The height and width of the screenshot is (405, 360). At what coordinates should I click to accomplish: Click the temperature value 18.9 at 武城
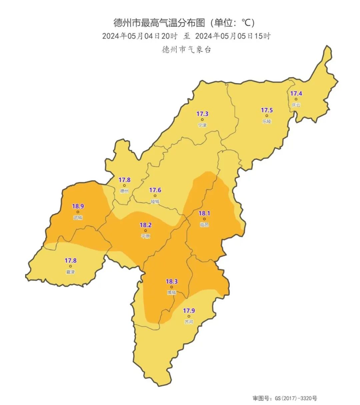tap(78, 206)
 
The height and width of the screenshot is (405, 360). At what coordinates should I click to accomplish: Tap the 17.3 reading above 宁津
tap(202, 114)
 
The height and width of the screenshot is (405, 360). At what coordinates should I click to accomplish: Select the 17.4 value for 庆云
tap(296, 93)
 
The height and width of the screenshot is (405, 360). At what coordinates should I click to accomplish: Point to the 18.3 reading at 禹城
tap(172, 282)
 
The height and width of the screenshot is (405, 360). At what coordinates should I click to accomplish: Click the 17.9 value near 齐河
tap(189, 311)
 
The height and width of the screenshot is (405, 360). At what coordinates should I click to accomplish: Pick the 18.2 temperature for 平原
tap(145, 225)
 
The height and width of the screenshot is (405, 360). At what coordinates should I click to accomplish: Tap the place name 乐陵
tap(267, 121)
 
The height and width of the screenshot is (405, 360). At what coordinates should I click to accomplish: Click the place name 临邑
tap(204, 225)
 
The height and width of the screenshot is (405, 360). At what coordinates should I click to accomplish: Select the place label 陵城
tap(155, 201)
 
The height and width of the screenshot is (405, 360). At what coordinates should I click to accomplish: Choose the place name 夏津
tap(70, 272)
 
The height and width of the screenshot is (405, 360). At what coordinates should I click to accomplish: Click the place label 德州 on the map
tap(124, 191)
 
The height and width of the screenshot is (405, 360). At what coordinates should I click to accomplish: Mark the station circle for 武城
tap(78, 212)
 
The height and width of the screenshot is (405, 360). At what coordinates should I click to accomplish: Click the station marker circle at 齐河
tap(189, 316)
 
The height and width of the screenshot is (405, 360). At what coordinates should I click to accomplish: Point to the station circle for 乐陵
tap(267, 116)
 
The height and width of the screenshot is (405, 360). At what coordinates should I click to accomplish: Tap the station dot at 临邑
tap(204, 219)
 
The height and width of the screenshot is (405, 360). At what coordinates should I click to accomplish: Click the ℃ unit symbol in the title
tap(247, 23)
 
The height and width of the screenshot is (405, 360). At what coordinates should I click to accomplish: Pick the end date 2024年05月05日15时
tap(233, 36)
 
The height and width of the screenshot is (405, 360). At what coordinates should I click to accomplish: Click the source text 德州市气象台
tap(186, 50)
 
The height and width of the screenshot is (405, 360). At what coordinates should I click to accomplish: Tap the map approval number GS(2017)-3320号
tap(296, 398)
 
